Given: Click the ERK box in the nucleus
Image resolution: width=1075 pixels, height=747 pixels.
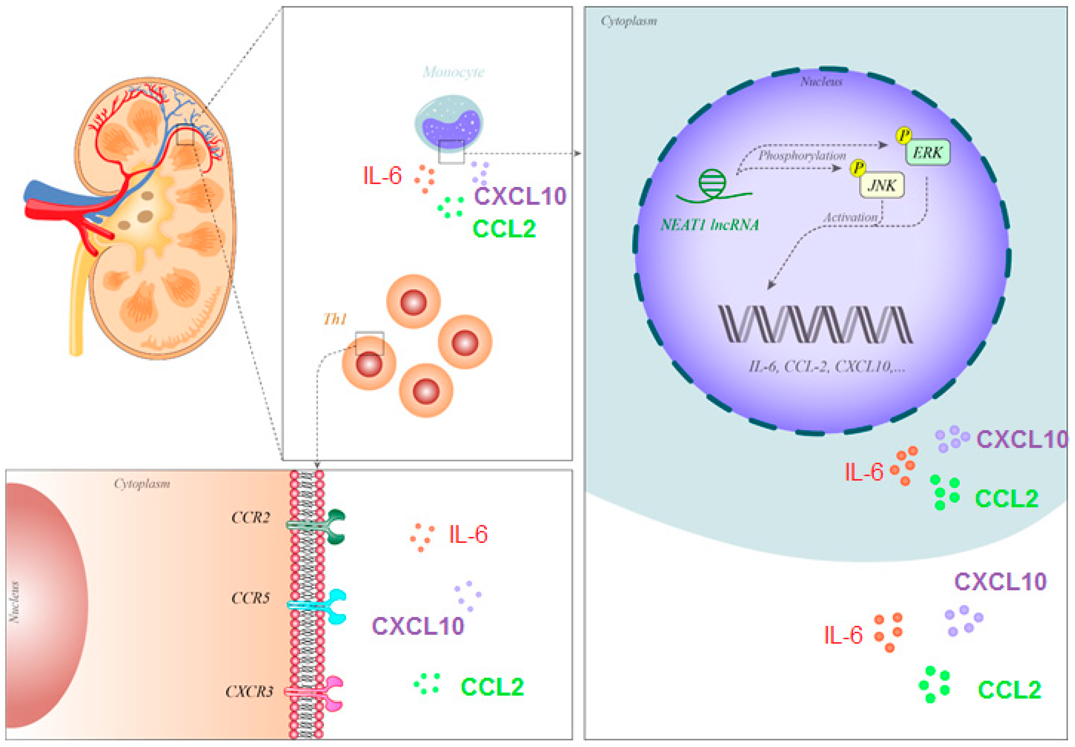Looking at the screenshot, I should click(927, 152).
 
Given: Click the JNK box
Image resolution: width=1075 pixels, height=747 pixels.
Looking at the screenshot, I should click(881, 185).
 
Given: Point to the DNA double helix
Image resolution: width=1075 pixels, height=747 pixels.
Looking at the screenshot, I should click(815, 324).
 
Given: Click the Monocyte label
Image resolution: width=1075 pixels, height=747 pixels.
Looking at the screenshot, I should click(453, 72).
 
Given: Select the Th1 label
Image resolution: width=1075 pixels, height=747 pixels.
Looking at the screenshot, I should click(335, 319).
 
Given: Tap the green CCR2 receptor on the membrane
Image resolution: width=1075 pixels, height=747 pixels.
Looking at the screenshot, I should click(334, 527).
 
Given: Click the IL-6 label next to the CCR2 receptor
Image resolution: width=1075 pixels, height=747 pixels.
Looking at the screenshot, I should click(468, 534).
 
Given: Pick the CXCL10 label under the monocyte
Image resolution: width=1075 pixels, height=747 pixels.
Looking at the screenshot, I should click(520, 196).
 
